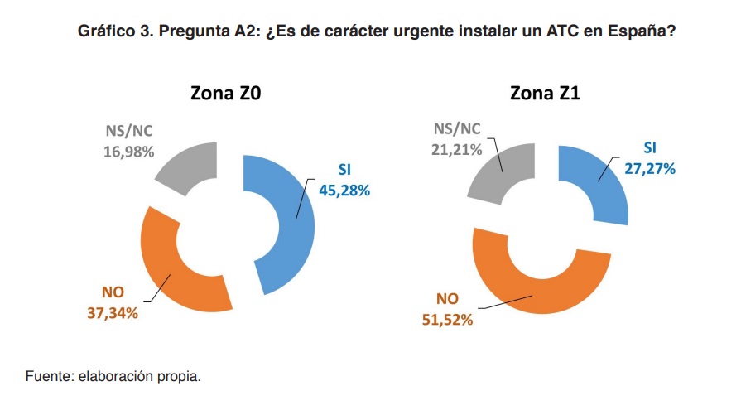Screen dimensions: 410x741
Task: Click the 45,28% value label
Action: (x=344, y=190)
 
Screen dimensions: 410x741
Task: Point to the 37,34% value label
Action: (x=112, y=312)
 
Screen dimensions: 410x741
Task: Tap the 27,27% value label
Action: (x=650, y=168)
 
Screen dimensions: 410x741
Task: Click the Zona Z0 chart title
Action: (x=226, y=94)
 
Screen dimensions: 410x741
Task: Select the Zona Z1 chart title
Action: (x=545, y=94)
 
